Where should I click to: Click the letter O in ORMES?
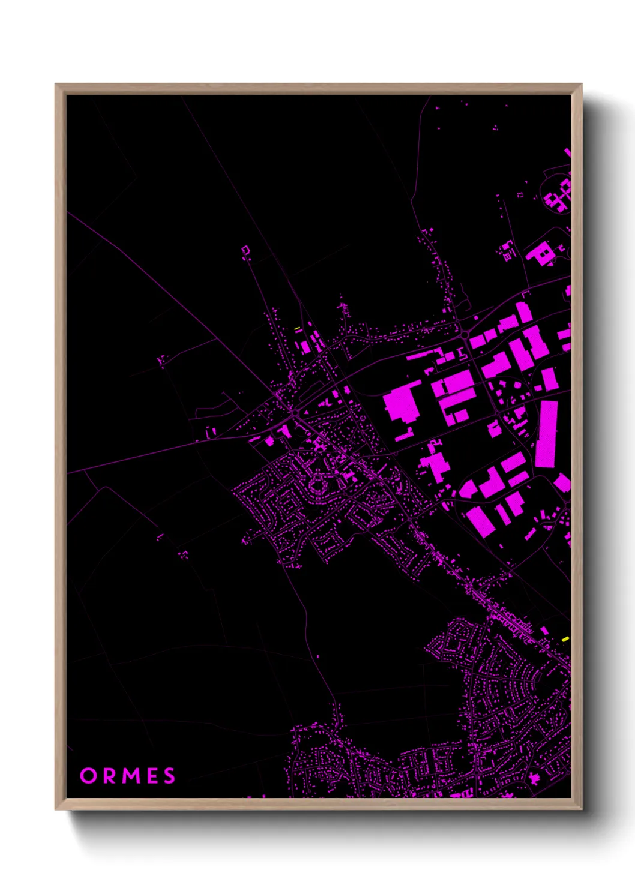88,776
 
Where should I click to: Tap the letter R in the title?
108,776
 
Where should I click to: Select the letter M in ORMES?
129,776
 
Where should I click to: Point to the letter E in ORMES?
151,776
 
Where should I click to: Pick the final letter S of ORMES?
169,776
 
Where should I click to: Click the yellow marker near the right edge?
565,640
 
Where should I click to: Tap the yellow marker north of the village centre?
297,328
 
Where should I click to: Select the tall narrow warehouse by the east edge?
546,434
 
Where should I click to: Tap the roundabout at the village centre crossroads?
294,415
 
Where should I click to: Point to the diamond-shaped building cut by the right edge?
563,482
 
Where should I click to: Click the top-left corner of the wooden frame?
56,85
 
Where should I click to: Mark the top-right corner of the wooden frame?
581,85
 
